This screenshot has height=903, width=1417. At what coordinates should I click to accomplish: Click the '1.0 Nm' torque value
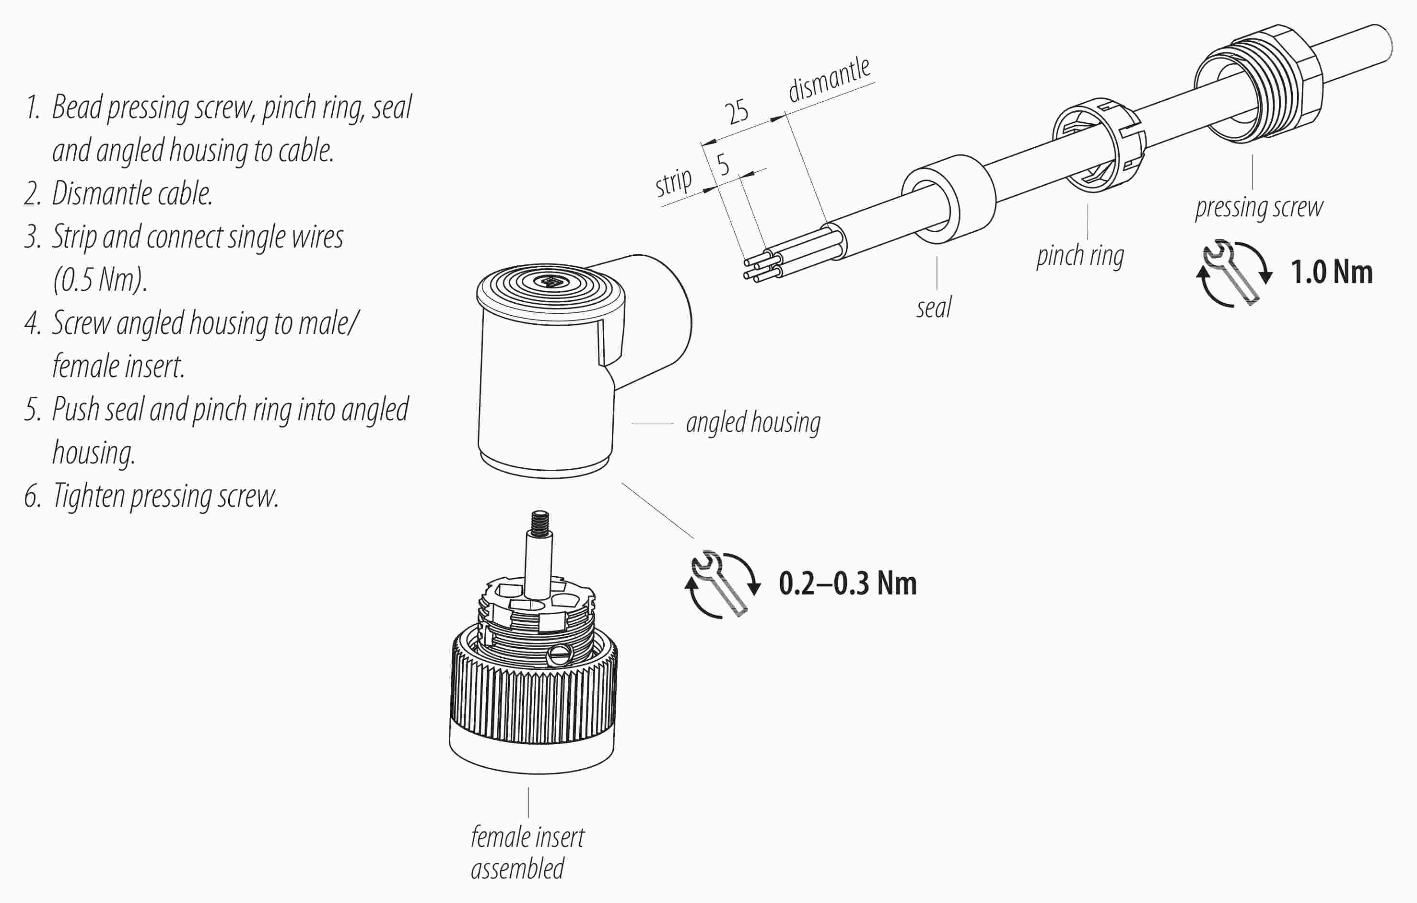1331,273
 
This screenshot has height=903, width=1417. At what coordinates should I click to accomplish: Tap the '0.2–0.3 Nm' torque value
847,583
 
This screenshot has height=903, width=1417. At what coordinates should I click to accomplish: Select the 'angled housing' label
753,423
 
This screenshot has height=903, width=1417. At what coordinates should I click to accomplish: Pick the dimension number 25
736,111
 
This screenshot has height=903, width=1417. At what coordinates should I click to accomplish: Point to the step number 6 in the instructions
32,496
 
